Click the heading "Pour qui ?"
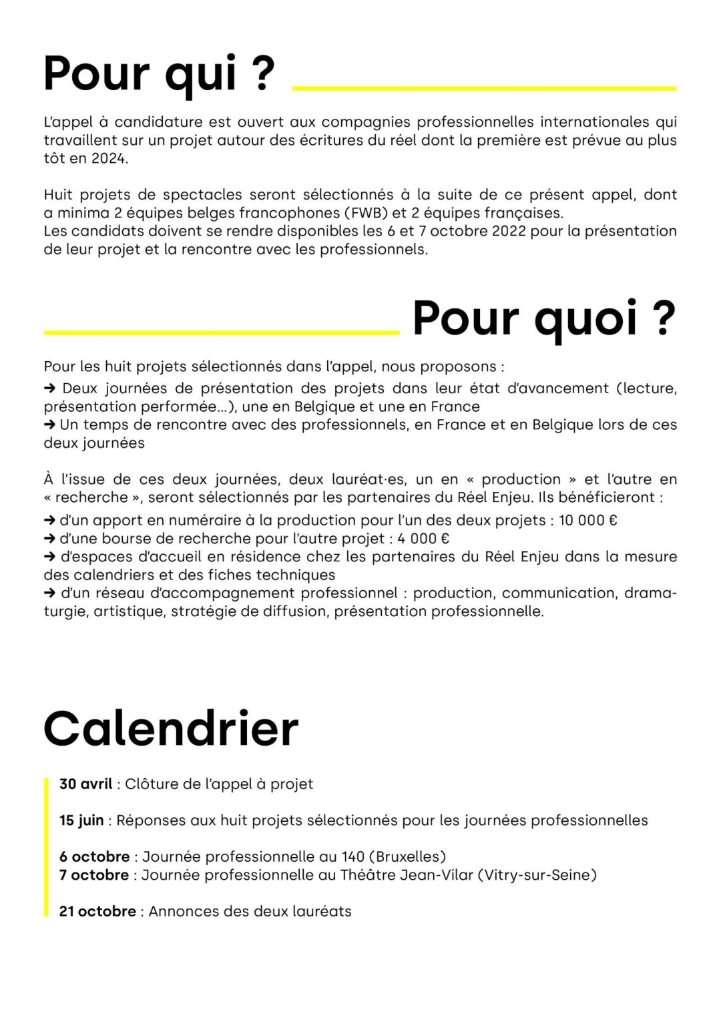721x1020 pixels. click(159, 73)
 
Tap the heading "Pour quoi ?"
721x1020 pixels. click(544, 318)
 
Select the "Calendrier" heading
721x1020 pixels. click(171, 728)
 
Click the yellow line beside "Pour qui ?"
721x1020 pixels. click(484, 88)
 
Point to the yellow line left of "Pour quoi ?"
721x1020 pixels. click(222, 332)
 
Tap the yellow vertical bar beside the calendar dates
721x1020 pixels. click(47, 847)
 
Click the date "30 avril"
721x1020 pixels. click(85, 784)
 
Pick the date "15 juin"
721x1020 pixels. click(81, 820)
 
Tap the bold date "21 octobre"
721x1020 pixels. click(97, 911)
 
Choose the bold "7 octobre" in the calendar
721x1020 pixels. click(94, 874)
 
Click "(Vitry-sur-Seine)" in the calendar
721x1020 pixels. click(537, 874)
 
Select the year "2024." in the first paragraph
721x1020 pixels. click(109, 159)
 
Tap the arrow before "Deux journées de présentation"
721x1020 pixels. click(50, 389)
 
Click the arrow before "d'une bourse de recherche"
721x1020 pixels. click(50, 539)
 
